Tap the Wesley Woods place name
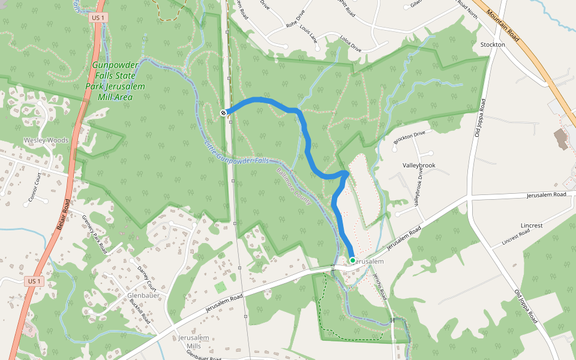coord(46,140)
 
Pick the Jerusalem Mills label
coord(194,342)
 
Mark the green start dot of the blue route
coord(352,260)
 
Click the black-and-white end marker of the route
coord(223,113)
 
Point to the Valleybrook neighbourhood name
coord(419,165)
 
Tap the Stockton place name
coord(493,45)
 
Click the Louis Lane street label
coord(308,35)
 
